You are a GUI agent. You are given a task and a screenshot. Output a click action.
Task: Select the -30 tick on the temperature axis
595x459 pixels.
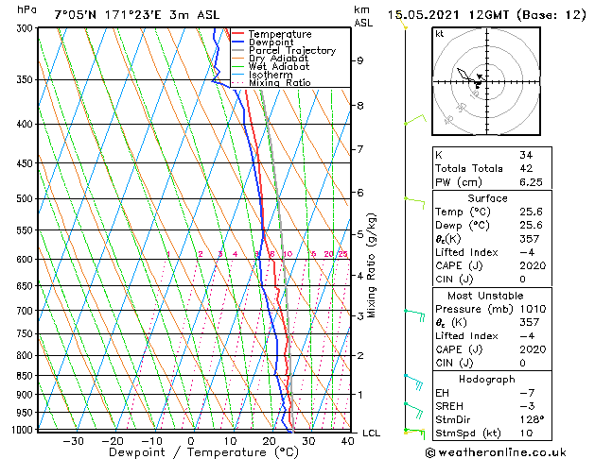pos(73,441)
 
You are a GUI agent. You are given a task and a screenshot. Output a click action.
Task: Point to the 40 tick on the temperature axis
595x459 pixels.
pos(347,441)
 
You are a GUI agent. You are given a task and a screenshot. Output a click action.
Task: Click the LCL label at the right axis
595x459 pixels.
pos(372,433)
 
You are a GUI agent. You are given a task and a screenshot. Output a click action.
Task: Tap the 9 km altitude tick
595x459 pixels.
pos(360,60)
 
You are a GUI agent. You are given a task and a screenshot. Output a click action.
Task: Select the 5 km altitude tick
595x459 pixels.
pos(360,234)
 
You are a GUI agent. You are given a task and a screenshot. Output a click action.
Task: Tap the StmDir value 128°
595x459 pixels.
pos(532,419)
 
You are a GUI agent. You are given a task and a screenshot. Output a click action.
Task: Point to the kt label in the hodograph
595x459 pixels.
pos(440,33)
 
